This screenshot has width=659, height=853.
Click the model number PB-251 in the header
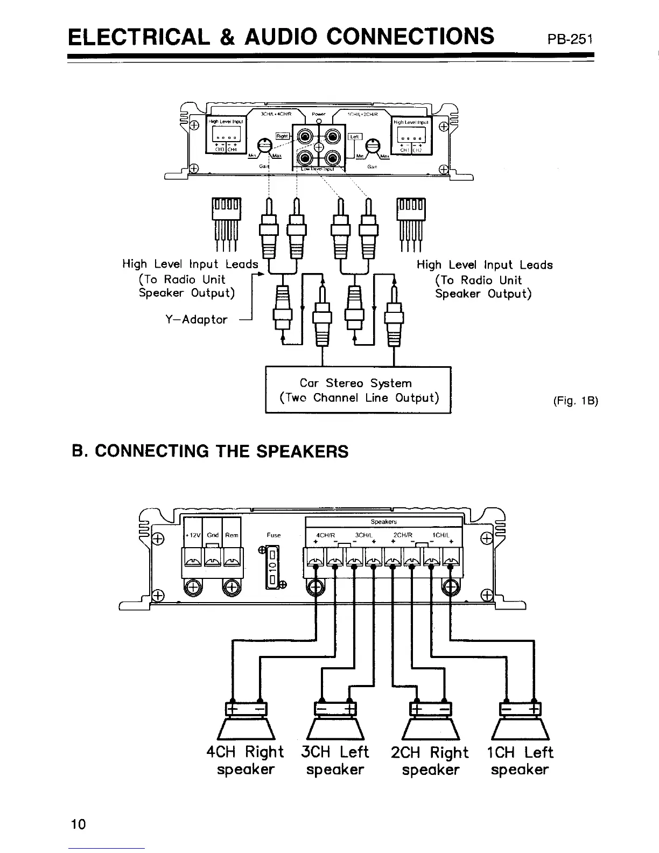570,39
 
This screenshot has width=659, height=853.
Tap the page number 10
78,824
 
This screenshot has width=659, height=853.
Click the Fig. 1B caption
576,401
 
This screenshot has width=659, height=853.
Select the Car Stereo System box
358,390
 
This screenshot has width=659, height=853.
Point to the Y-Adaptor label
196,319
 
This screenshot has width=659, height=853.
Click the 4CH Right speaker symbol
246,724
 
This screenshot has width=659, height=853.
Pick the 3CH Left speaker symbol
335,724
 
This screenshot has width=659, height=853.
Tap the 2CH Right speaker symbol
431,724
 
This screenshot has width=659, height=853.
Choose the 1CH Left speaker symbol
520,724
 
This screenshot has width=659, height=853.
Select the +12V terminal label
193,535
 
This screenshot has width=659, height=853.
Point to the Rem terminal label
232,535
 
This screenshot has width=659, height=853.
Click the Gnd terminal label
213,535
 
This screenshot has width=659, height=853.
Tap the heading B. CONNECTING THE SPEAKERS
210,451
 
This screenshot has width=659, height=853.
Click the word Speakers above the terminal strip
383,522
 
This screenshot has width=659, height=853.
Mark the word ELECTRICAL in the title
140,37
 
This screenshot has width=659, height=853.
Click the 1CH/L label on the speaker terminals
441,535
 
